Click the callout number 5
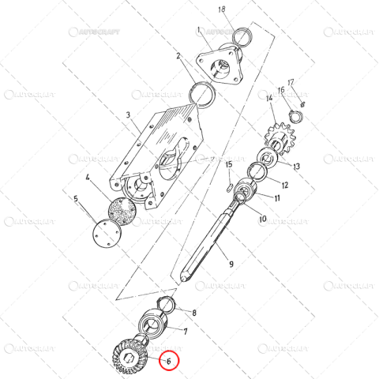[x=77, y=200]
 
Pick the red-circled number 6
[x=168, y=362]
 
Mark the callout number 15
[x=229, y=164]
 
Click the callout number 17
[x=291, y=81]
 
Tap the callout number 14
[x=268, y=98]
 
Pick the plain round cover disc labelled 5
[x=104, y=235]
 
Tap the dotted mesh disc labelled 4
[x=122, y=211]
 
